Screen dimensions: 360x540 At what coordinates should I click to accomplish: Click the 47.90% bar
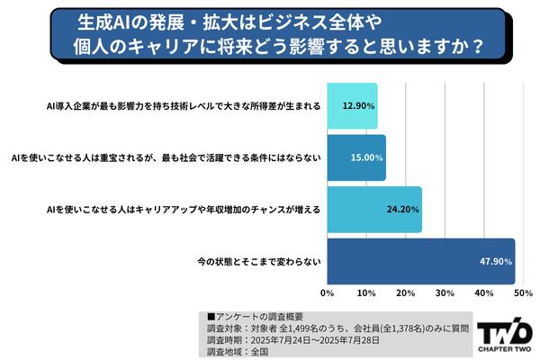pos(420,261)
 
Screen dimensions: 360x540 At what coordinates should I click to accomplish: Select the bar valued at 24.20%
pos(373,210)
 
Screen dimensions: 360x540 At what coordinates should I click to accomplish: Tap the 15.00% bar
pos(355,157)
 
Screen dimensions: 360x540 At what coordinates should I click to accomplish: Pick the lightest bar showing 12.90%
pos(352,106)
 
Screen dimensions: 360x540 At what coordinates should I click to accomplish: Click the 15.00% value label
pos(366,158)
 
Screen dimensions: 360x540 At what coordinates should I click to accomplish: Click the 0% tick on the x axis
pos(328,294)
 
